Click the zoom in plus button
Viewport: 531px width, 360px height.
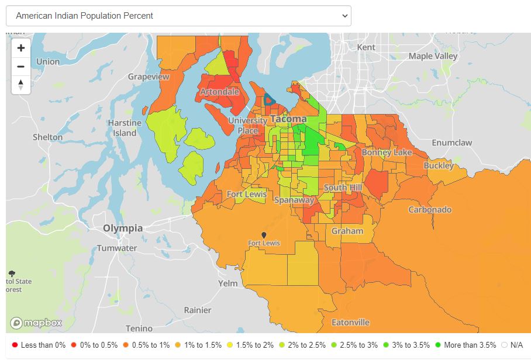click(x=21, y=48)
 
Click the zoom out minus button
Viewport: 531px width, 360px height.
click(x=21, y=66)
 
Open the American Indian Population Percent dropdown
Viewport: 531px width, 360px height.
click(x=178, y=16)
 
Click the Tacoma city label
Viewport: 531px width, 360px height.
click(x=288, y=119)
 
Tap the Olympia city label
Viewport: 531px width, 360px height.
click(x=122, y=228)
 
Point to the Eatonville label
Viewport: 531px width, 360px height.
click(x=350, y=322)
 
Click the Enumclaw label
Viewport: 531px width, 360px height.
click(x=451, y=143)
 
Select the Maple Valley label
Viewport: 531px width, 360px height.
click(x=433, y=56)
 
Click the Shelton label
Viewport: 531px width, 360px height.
click(x=47, y=137)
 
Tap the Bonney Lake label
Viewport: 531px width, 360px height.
click(x=387, y=153)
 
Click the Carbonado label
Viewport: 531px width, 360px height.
click(x=429, y=209)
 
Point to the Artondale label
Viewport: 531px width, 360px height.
click(x=219, y=92)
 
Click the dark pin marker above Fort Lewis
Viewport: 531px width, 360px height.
click(x=264, y=235)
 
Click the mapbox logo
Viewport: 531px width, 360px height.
click(x=36, y=323)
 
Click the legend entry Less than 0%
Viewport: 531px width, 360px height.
click(x=39, y=345)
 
